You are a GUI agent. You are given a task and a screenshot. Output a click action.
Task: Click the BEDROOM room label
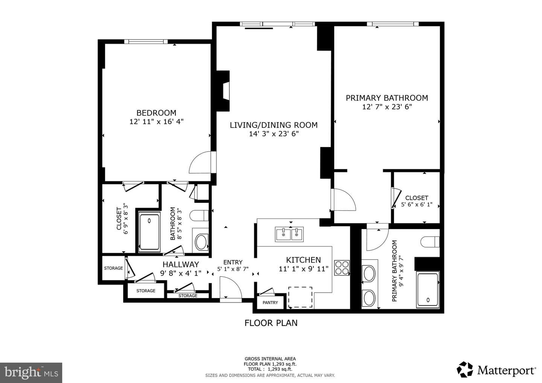[x=156, y=113]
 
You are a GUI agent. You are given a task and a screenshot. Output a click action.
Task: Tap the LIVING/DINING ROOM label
[x=274, y=125]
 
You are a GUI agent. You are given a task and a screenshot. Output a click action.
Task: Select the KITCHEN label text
[x=303, y=260]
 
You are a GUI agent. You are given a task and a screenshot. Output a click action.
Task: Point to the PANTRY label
[x=270, y=302]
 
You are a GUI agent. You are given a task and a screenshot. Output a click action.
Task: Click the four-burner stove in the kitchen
[x=342, y=267]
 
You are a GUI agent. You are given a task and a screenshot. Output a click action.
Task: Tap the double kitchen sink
[x=289, y=234]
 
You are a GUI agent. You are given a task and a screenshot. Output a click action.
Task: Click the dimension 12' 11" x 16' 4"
[x=156, y=122]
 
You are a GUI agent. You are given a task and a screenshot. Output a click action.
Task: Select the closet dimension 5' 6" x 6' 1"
[x=417, y=205]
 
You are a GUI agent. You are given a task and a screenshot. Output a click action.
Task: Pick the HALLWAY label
[x=181, y=264]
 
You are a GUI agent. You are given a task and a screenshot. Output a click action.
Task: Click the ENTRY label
[x=233, y=262]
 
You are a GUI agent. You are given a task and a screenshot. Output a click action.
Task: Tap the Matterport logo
[x=496, y=370]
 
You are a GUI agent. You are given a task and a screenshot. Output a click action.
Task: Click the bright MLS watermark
[x=31, y=372]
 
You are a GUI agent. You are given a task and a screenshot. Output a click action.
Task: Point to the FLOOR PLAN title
[x=271, y=323]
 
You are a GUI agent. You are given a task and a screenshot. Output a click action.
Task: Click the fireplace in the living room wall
[x=223, y=91]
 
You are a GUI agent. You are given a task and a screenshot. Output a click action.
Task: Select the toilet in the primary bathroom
[x=430, y=242]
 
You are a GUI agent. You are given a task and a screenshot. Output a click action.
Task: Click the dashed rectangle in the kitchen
[x=300, y=297]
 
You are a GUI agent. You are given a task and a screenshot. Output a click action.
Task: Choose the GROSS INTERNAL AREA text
[x=270, y=359]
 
